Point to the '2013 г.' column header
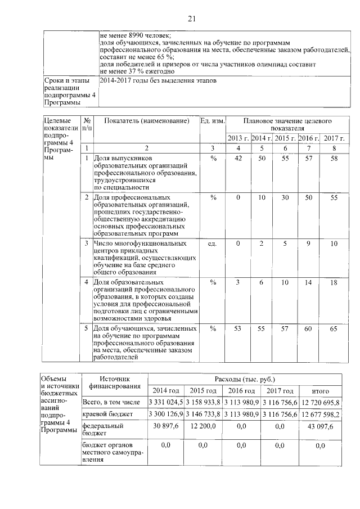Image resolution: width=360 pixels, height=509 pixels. (x=238, y=138)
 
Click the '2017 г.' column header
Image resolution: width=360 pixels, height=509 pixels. (x=334, y=138)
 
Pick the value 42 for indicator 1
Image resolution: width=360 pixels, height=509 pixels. (x=238, y=159)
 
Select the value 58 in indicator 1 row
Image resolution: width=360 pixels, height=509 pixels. (x=334, y=159)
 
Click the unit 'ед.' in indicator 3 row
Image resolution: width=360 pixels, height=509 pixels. (x=213, y=244)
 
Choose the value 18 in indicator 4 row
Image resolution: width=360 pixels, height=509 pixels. (x=334, y=282)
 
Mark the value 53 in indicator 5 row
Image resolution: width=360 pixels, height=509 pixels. (x=238, y=328)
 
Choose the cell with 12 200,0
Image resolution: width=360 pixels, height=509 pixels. (x=204, y=427)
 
